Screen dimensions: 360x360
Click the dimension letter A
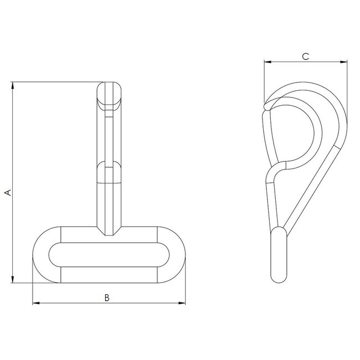click(x=7, y=192)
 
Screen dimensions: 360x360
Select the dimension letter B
click(x=107, y=297)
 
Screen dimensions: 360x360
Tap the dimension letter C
click(x=305, y=56)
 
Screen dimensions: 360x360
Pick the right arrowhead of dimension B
click(x=182, y=303)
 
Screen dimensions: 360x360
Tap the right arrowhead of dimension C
click(x=344, y=61)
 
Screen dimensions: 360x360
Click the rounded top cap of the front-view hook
click(x=110, y=91)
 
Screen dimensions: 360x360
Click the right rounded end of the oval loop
click(x=176, y=255)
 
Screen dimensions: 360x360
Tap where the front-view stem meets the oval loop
click(x=110, y=228)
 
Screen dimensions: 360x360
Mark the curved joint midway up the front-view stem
click(x=110, y=166)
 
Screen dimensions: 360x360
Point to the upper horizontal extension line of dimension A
click(x=55, y=82)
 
